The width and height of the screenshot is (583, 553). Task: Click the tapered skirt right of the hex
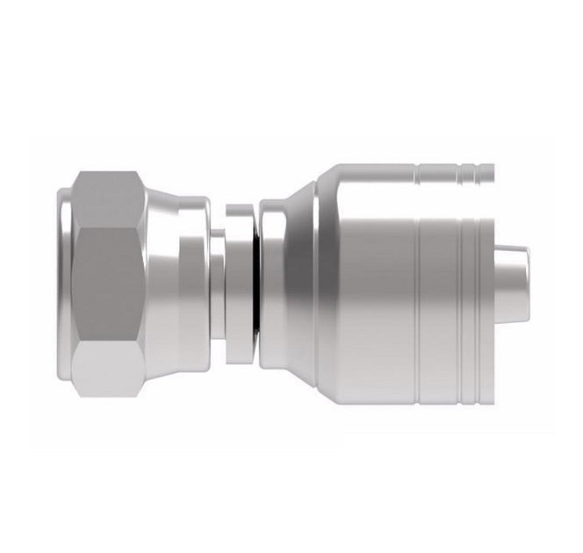click(162, 283)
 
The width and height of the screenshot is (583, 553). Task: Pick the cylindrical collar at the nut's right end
click(195, 283)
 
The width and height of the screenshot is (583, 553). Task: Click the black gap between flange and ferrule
click(256, 283)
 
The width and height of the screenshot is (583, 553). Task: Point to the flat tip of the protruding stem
click(527, 283)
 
